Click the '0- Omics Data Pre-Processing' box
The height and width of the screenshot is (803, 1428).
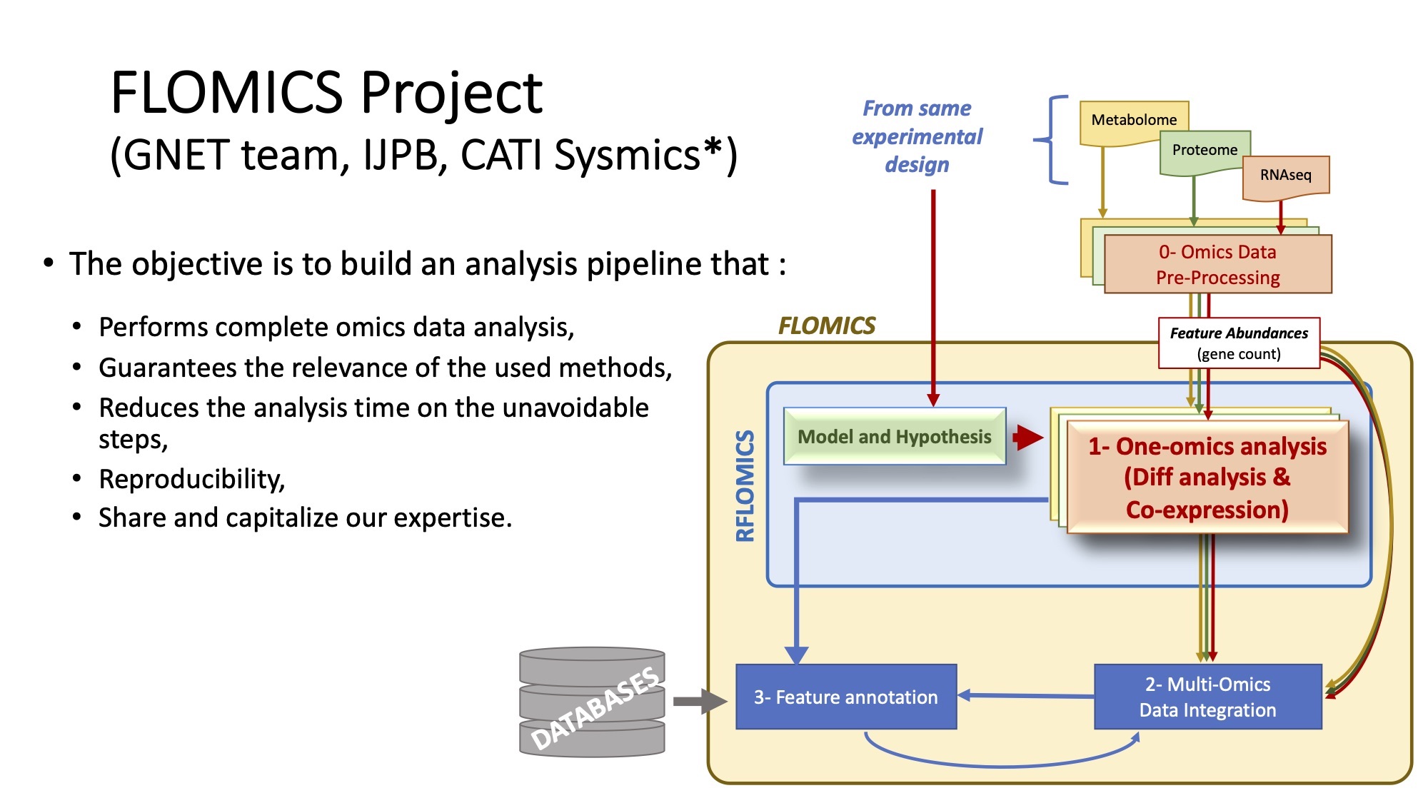(1218, 264)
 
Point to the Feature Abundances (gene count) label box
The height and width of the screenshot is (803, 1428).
(1239, 343)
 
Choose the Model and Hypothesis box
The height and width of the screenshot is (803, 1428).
(895, 436)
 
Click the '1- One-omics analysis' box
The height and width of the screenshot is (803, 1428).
(1207, 477)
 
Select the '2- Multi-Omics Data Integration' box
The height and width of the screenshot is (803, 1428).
(1208, 697)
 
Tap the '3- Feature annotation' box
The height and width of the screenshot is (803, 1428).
(846, 697)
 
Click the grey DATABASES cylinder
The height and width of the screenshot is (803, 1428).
(592, 701)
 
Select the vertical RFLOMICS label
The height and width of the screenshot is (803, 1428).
(745, 485)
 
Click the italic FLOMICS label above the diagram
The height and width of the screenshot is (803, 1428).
(827, 326)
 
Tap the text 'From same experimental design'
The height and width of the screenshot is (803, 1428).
(917, 136)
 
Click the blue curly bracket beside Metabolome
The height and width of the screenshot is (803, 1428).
(1050, 140)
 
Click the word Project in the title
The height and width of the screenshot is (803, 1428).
(451, 94)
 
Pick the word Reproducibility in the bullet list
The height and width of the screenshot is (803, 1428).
(192, 479)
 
